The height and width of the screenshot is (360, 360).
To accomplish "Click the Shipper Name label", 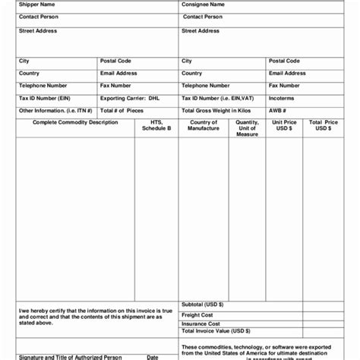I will tap(36, 5).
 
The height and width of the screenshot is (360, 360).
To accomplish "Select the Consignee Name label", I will tap(203, 5).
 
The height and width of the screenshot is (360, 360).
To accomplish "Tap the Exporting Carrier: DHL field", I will tap(130, 98).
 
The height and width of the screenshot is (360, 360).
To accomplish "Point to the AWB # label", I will tap(278, 110).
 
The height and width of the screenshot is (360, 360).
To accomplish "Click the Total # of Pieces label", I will tap(122, 110).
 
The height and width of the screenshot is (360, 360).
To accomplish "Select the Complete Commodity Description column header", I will tap(75, 122).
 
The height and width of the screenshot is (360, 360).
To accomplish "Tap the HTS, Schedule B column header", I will tap(156, 125).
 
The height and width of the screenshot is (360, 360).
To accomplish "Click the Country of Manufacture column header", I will tap(204, 125).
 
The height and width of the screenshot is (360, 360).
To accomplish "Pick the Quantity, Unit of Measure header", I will tap(247, 128).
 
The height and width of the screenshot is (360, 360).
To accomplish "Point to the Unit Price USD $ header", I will tap(285, 125).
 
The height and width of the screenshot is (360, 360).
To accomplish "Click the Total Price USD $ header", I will tap(323, 125).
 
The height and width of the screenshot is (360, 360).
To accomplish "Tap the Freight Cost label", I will tap(197, 314).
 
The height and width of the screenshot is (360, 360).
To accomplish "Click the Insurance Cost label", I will tap(200, 324).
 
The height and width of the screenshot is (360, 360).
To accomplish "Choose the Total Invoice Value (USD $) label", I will tap(216, 331).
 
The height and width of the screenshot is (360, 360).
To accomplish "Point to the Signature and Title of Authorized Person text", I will tap(70, 357).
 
